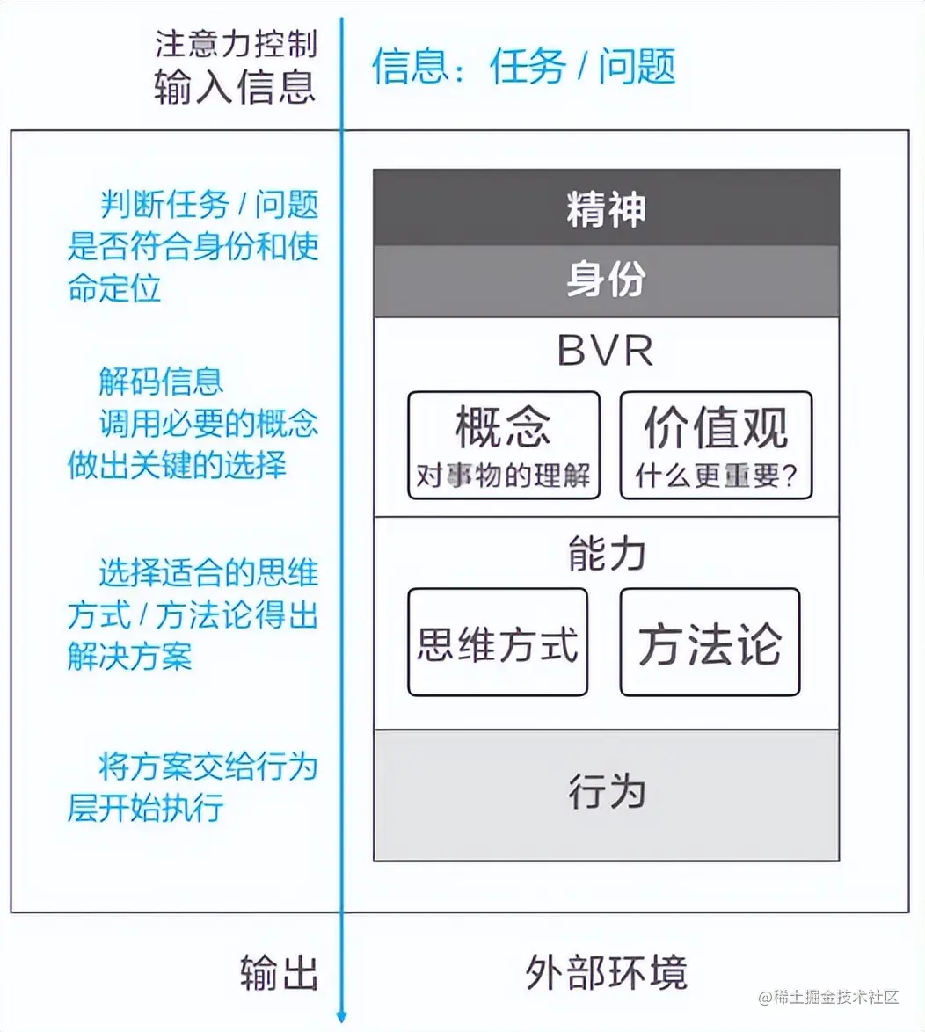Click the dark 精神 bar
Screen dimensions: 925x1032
coord(606,209)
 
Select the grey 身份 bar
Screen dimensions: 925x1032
coord(606,280)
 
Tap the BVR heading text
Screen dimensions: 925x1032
coord(606,351)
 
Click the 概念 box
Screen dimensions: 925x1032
coord(504,445)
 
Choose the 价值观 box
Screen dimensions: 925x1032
coord(716,445)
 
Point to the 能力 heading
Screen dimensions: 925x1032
coord(606,554)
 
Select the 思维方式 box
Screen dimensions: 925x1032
coord(498,643)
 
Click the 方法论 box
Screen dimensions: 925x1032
coord(710,643)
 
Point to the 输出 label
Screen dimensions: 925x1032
coord(279,973)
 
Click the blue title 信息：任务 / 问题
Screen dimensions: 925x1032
coord(523,67)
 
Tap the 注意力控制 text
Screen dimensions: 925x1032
coord(235,44)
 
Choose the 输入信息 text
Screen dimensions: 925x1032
coord(235,86)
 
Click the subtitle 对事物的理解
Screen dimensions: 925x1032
coord(504,476)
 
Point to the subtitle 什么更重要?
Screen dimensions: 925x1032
coord(716,476)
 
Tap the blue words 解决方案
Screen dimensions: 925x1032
coord(129,657)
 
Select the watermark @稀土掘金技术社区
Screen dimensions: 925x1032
coord(829,997)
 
